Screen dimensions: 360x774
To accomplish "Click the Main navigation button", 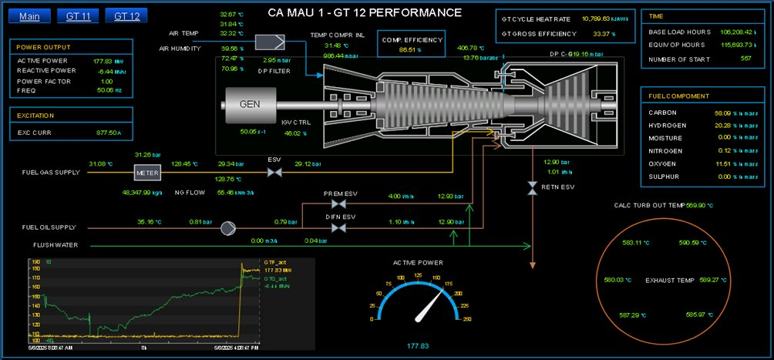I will tap(30, 16).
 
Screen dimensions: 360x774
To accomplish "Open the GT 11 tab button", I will tap(77, 16).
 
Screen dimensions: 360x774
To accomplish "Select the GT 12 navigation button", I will tap(126, 16).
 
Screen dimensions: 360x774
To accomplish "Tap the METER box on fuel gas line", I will tap(146, 173).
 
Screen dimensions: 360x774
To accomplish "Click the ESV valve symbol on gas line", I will tap(274, 173).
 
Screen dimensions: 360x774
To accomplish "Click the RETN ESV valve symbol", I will tap(531, 187).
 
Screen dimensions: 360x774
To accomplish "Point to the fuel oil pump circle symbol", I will tap(228, 228).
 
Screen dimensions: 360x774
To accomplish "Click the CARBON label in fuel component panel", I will tap(662, 113).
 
